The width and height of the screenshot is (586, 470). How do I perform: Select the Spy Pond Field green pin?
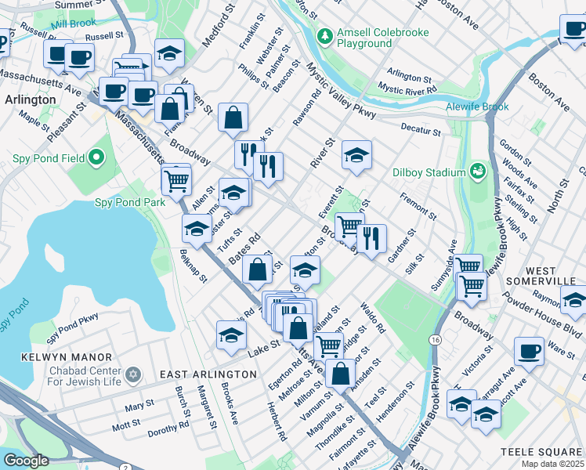point(97,159)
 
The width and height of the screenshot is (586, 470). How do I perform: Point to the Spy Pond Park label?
point(130,202)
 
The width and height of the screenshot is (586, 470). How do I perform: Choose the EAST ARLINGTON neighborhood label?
point(208,374)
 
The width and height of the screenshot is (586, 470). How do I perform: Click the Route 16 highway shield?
point(434,339)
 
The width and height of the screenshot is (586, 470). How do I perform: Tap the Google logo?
point(26,461)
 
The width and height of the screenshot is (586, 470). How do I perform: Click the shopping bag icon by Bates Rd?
point(257,269)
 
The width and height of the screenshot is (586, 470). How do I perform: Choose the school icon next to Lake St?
point(230,334)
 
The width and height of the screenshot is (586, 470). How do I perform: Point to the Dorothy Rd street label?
point(168,426)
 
